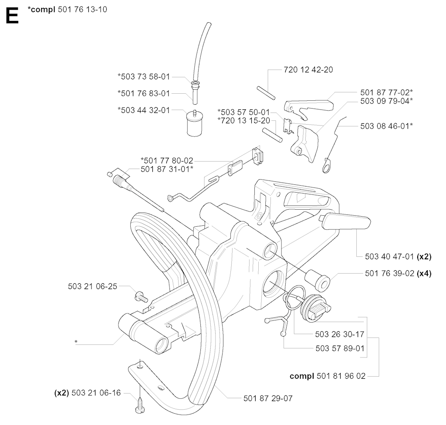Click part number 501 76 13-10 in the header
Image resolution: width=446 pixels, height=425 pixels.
82,10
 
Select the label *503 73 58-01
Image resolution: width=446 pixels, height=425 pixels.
144,77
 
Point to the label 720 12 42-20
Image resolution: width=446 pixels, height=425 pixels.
308,70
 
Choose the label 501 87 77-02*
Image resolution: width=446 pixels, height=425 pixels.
386,92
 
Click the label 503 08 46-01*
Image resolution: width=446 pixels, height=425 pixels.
386,126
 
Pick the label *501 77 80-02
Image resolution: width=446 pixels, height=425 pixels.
166,161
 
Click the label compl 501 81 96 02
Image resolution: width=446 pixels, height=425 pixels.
328,376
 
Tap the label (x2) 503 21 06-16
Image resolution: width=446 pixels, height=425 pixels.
87,393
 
